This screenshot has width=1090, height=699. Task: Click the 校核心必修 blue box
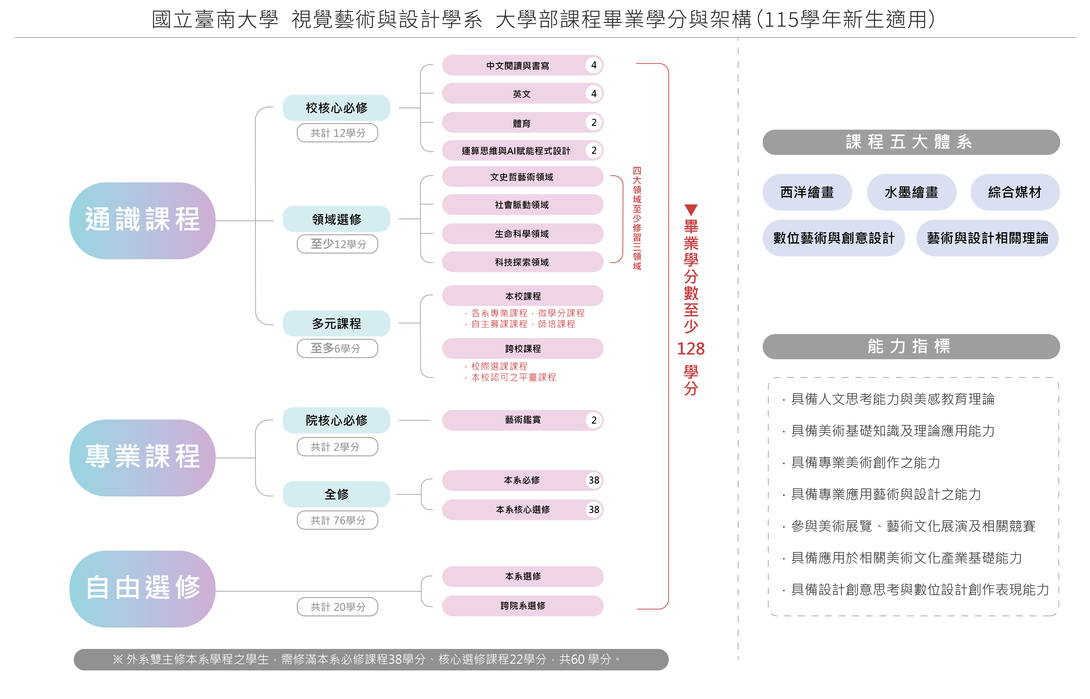coord(336,108)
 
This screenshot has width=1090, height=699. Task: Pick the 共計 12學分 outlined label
coord(337,133)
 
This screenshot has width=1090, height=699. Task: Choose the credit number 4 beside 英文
coord(594,93)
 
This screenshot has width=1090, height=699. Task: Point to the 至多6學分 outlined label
coord(337,348)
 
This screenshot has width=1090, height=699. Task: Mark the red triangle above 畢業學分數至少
coord(691,210)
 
